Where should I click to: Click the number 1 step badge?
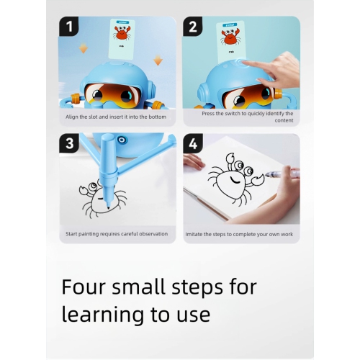(x=69, y=27)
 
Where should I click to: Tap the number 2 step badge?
(x=193, y=27)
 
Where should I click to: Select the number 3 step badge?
(x=69, y=143)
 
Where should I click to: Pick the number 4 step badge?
(x=193, y=143)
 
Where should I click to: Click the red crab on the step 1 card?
(x=122, y=33)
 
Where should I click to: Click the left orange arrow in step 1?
(x=83, y=48)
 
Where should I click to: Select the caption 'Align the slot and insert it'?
(x=116, y=117)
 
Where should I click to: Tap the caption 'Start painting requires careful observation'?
(x=116, y=234)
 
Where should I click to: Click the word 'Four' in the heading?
(x=85, y=287)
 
